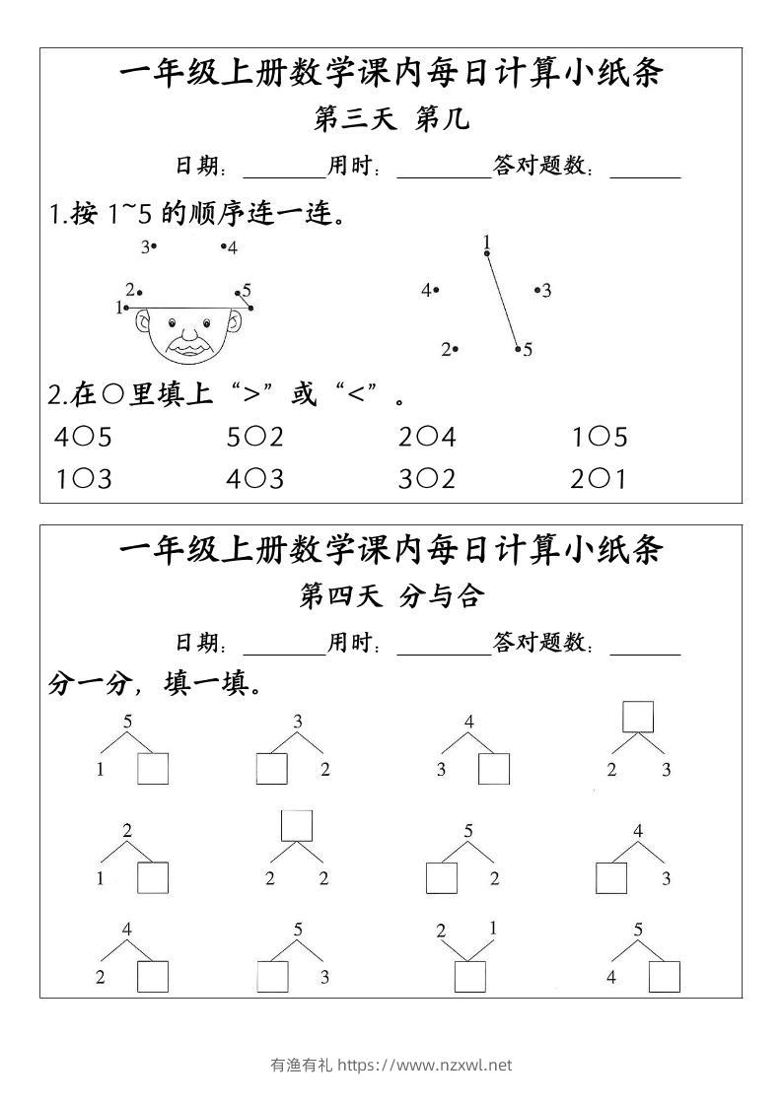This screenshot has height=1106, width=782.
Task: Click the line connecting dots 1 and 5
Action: click(x=502, y=301)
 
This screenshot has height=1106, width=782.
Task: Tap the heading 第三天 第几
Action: click(x=391, y=120)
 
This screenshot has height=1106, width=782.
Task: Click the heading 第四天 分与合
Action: click(x=391, y=596)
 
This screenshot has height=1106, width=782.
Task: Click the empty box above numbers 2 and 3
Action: click(x=638, y=717)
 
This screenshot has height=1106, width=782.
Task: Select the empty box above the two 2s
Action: click(x=297, y=825)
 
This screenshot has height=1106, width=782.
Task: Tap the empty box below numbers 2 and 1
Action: click(x=469, y=976)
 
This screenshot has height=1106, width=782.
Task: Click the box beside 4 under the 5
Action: click(x=665, y=976)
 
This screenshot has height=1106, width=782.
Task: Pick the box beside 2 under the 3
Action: click(x=271, y=769)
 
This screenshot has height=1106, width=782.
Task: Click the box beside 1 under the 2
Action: click(x=153, y=877)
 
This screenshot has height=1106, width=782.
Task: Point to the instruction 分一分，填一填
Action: click(x=155, y=684)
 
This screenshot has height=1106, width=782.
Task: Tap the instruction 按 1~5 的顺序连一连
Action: click(x=197, y=214)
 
